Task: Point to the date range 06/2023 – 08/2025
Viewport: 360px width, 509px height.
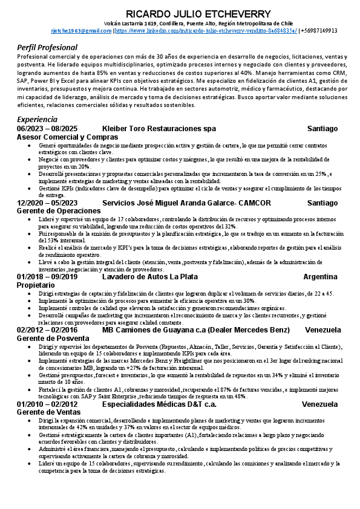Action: coord(48,129)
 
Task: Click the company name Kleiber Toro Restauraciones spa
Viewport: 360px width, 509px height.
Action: coord(159,129)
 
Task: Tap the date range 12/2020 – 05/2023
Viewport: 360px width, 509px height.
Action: coord(48,203)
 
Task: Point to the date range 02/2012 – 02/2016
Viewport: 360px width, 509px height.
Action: coord(48,330)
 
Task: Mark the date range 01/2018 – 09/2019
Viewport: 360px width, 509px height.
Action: coord(48,277)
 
